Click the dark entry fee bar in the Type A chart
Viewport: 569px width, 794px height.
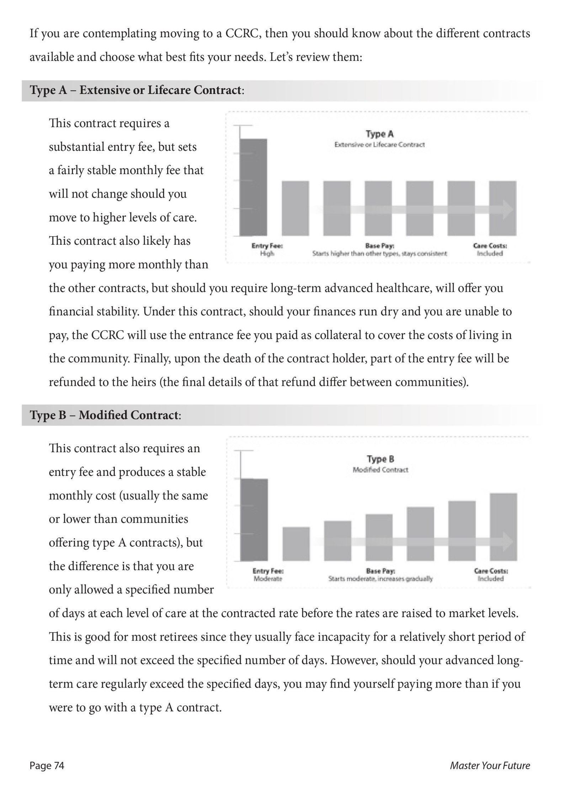pyautogui.click(x=253, y=187)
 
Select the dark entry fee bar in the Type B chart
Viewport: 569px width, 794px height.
pyautogui.click(x=254, y=520)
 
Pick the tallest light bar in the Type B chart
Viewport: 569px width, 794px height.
pyautogui.click(x=504, y=527)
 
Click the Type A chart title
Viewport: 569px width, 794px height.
pyautogui.click(x=379, y=134)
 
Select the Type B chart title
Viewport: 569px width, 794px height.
pyautogui.click(x=380, y=459)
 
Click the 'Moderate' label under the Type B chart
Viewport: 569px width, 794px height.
pyautogui.click(x=268, y=579)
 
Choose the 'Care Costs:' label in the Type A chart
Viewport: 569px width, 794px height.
pyautogui.click(x=490, y=246)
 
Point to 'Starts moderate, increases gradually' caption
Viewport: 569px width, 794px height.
pyautogui.click(x=380, y=579)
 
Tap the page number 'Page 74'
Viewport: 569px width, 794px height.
pyautogui.click(x=47, y=766)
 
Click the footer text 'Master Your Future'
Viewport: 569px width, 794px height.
pyautogui.click(x=490, y=766)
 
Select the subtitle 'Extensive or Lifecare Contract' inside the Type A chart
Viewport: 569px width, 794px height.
pyautogui.click(x=379, y=145)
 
